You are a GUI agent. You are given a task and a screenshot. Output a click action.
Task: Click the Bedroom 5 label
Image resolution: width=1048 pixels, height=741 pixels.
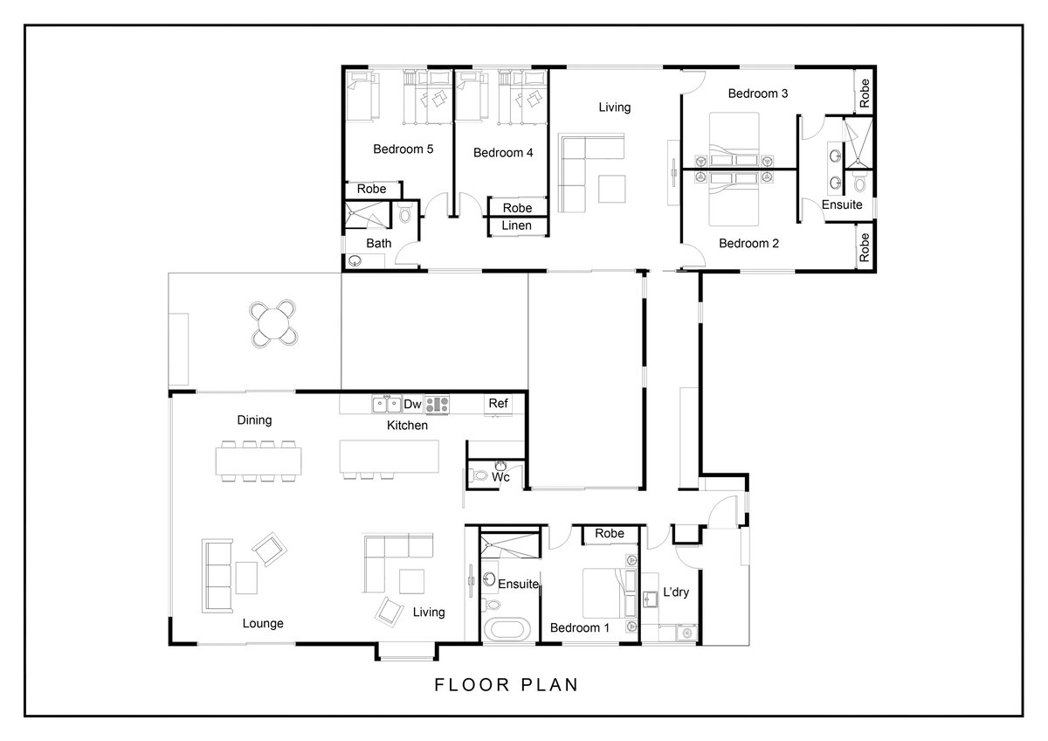(x=403, y=149)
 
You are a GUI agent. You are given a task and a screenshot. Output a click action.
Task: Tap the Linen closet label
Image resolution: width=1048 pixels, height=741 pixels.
(x=516, y=225)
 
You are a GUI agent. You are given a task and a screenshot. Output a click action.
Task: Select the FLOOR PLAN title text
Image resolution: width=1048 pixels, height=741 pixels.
(x=507, y=685)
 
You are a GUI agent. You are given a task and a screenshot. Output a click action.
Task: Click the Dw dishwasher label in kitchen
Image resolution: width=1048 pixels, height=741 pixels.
(x=412, y=404)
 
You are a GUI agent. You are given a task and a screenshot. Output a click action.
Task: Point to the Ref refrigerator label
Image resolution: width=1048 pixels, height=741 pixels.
(x=498, y=403)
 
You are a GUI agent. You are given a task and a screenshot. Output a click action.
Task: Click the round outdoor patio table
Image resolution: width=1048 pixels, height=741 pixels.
(x=273, y=323)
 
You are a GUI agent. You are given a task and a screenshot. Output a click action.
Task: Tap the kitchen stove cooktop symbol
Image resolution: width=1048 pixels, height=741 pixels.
(x=437, y=405)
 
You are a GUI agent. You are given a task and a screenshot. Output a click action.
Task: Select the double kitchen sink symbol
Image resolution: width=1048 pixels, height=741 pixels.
(x=387, y=405)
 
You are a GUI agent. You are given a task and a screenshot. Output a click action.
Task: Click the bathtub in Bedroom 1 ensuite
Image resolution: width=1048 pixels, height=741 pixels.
(x=507, y=630)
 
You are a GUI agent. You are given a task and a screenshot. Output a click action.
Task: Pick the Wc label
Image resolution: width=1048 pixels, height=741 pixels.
(x=500, y=477)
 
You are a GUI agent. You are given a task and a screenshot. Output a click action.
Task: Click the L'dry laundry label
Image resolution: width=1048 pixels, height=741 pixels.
(x=676, y=592)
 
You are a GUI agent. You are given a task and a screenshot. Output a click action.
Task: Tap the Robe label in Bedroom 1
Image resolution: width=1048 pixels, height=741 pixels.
(x=610, y=533)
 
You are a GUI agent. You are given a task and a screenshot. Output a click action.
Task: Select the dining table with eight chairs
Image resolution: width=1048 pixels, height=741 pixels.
(x=259, y=461)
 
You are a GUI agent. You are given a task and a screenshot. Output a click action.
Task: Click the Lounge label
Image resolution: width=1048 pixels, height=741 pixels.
(x=263, y=624)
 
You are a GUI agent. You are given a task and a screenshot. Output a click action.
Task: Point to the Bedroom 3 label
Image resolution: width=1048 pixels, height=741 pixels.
(x=758, y=93)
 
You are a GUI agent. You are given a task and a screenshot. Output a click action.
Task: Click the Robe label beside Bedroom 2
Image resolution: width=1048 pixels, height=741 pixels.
(x=864, y=247)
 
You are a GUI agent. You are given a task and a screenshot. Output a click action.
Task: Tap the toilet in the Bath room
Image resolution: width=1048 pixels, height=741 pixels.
(x=405, y=213)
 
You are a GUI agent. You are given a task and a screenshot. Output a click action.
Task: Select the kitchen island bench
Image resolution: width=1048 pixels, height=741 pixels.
(x=390, y=456)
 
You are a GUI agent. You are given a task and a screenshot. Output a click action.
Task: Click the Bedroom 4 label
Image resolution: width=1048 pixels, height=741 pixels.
(x=503, y=153)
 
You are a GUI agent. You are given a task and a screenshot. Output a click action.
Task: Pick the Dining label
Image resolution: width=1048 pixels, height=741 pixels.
(x=254, y=420)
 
